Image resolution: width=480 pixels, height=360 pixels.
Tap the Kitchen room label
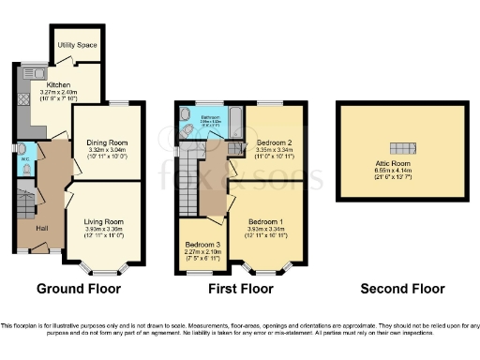(47, 84)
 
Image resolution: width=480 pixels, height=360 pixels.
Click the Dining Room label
(107, 142)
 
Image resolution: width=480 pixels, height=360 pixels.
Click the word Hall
(43, 228)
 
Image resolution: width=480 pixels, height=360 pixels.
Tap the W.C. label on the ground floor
(23, 158)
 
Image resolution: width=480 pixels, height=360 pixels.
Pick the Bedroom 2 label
(267, 142)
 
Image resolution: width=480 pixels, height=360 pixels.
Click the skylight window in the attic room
(403, 148)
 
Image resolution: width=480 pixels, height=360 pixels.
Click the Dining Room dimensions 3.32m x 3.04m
(107, 149)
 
